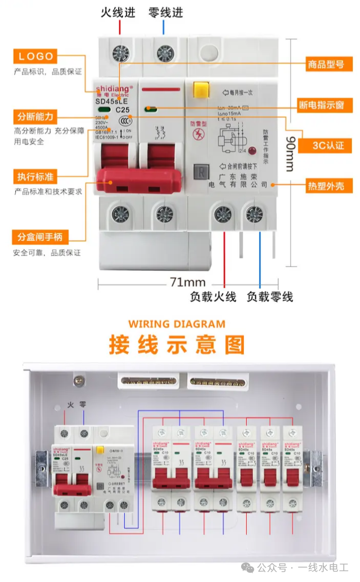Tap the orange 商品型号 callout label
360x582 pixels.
[326, 64]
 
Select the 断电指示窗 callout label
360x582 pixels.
[321, 105]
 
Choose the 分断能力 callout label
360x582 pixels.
[35, 117]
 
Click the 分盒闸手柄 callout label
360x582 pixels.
[40, 237]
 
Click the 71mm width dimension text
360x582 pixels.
[187, 282]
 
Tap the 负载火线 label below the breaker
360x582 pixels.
[213, 297]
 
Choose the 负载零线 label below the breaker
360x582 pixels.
[269, 297]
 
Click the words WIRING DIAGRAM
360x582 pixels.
[176, 324]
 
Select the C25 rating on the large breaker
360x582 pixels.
[122, 109]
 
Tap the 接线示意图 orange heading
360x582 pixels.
[176, 345]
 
